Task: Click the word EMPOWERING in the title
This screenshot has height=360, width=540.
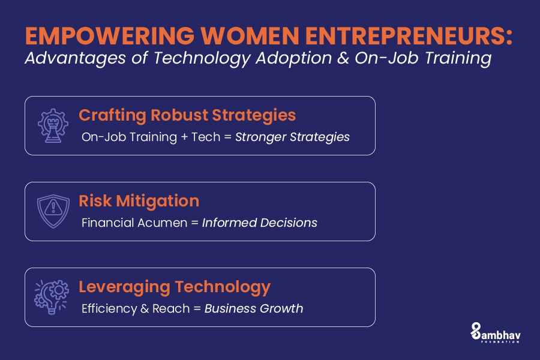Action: (x=110, y=36)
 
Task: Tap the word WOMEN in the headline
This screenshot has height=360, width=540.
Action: (x=250, y=36)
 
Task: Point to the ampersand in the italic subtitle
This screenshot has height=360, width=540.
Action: (x=343, y=58)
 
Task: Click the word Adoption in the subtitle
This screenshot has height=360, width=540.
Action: (x=293, y=58)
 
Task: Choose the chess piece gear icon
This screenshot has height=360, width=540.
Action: (x=53, y=125)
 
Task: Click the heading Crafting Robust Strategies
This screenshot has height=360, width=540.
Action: (x=187, y=115)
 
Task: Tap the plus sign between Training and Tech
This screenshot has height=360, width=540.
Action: (x=185, y=137)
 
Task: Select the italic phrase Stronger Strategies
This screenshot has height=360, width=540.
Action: (x=292, y=137)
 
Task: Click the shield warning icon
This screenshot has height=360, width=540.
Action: (x=53, y=211)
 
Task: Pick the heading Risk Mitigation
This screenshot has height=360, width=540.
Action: (x=139, y=201)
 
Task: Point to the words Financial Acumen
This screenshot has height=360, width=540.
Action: (x=134, y=223)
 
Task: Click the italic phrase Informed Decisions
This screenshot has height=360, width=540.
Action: (x=260, y=223)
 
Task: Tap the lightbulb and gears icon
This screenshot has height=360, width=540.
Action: (x=52, y=297)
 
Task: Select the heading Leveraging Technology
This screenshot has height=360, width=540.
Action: (x=175, y=287)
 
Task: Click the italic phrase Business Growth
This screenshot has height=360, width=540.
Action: (x=254, y=308)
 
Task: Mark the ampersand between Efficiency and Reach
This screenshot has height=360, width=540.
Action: (x=145, y=308)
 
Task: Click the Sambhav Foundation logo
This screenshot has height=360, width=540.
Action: (x=496, y=333)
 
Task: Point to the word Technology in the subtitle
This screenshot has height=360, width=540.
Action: (x=202, y=58)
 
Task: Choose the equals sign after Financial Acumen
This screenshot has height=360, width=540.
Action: (x=194, y=223)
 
